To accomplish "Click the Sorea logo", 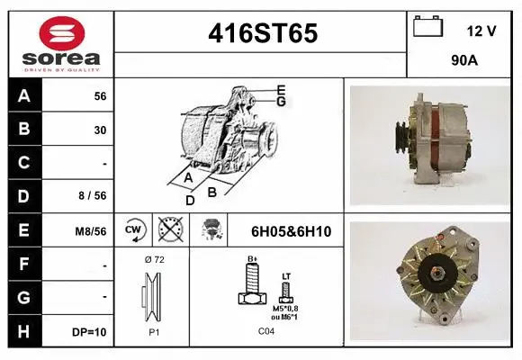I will click(x=60, y=44).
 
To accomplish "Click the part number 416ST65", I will click(x=263, y=33).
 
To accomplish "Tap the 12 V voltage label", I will click(x=481, y=31).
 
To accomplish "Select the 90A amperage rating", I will click(x=463, y=62).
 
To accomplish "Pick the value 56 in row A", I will click(x=100, y=95).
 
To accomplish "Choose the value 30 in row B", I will click(x=100, y=130).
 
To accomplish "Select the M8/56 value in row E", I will click(x=91, y=231).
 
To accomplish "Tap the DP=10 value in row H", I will click(x=90, y=332).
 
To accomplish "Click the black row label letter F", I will click(x=23, y=265).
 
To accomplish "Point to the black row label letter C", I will click(x=23, y=163).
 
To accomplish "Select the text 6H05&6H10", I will click(x=291, y=231).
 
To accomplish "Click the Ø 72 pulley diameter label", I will click(x=153, y=259).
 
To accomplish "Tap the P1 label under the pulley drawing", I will click(x=153, y=332).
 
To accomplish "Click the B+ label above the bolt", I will click(x=253, y=259).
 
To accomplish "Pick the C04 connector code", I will click(x=265, y=332).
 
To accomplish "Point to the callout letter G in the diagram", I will click(x=282, y=102).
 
